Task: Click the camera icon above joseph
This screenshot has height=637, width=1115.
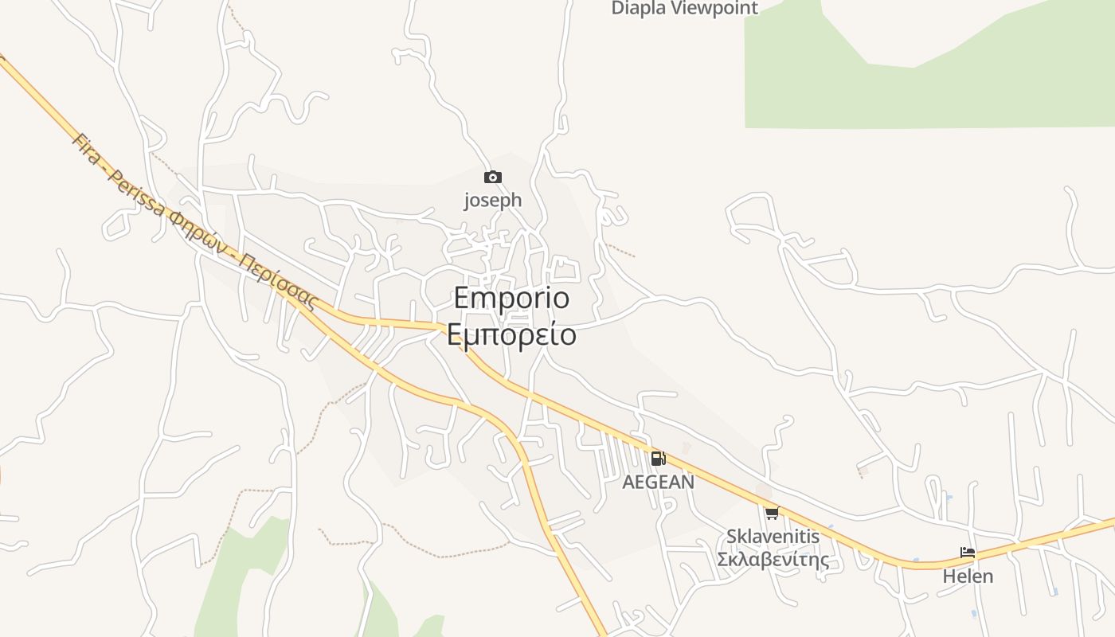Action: pos(493,178)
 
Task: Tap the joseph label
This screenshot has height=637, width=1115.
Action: pos(493,200)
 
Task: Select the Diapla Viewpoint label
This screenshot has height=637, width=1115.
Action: pos(685,8)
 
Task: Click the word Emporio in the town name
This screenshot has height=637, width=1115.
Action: pos(512,298)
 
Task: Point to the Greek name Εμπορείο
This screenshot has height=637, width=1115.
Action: pos(511,335)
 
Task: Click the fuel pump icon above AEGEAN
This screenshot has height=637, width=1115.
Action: pos(658,459)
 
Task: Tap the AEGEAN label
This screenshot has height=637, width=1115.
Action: pos(658,482)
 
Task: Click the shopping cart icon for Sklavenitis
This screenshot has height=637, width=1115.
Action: pos(772,514)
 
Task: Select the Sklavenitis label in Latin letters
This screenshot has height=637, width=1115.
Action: pos(773,537)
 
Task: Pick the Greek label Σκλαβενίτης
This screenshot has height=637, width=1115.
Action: pos(773,560)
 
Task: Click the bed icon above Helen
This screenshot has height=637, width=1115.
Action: pos(968,553)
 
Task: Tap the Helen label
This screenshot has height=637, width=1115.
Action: pos(968,576)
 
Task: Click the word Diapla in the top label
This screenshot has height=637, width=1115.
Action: pos(638,8)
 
